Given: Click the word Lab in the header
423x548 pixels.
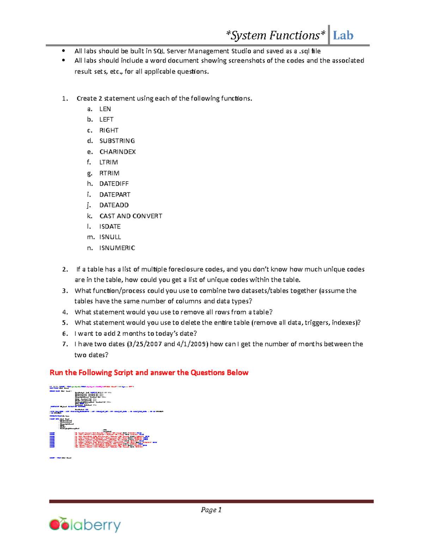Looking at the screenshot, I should [x=343, y=35].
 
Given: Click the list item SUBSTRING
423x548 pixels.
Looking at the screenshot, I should [x=117, y=141].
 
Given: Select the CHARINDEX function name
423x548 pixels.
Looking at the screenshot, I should [x=117, y=152].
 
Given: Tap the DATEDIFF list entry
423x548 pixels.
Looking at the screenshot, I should [x=114, y=183].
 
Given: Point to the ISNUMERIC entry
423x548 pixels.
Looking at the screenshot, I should [x=117, y=248].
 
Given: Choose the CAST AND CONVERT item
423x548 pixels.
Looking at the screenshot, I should [x=131, y=216].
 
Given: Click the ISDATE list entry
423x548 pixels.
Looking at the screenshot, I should [x=110, y=227].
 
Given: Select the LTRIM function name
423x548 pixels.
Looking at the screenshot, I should [x=109, y=162].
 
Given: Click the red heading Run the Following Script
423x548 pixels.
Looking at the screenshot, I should [x=149, y=373].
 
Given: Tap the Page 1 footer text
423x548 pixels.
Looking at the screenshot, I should [x=211, y=510].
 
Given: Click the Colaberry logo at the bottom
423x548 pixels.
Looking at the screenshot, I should [x=85, y=525].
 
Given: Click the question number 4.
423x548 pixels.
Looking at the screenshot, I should [x=65, y=312].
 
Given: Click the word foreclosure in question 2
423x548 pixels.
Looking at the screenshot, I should [x=186, y=270].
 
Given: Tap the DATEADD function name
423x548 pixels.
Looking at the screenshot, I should [x=114, y=205].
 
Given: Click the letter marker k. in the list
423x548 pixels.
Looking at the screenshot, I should [x=90, y=216].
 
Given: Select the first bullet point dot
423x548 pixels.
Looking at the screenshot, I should [x=63, y=51].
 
